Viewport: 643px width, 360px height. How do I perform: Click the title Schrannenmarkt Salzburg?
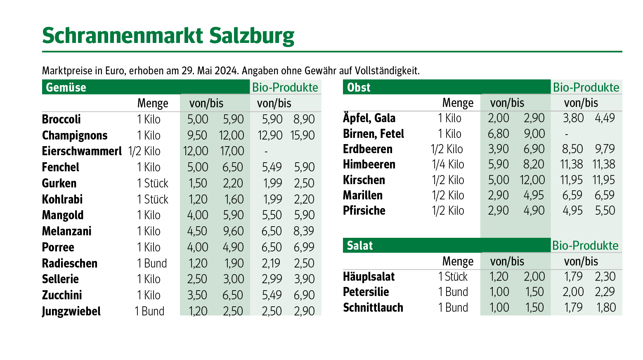pyautogui.click(x=168, y=36)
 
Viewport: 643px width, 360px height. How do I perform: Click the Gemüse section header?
pyautogui.click(x=66, y=88)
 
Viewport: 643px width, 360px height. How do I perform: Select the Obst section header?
pyautogui.click(x=359, y=88)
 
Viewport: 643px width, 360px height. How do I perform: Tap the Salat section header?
pyautogui.click(x=359, y=246)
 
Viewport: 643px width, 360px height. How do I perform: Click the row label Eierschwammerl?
pyautogui.click(x=82, y=151)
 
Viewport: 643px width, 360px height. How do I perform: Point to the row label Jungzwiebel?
pyautogui.click(x=71, y=311)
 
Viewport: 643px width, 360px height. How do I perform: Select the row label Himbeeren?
pyautogui.click(x=369, y=164)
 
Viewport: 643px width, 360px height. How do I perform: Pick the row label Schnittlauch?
pyautogui.click(x=373, y=308)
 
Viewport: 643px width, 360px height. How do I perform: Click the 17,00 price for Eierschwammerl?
pyautogui.click(x=232, y=151)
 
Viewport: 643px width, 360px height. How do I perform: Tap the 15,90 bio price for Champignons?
pyautogui.click(x=303, y=135)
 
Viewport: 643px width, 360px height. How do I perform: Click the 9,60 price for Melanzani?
pyautogui.click(x=233, y=231)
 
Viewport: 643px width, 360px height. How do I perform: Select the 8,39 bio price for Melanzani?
pyautogui.click(x=304, y=231)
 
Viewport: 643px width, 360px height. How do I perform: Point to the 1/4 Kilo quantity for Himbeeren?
pyautogui.click(x=448, y=164)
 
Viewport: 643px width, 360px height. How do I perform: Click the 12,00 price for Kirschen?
pyautogui.click(x=532, y=180)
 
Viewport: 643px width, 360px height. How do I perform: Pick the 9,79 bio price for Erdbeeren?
pyautogui.click(x=605, y=149)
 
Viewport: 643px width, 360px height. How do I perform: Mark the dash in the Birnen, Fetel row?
pyautogui.click(x=566, y=134)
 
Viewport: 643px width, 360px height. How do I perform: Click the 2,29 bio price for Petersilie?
pyautogui.click(x=605, y=292)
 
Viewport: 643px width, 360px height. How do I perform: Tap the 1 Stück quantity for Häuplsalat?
pyautogui.click(x=453, y=277)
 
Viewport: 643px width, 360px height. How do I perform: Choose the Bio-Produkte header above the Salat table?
pyautogui.click(x=585, y=246)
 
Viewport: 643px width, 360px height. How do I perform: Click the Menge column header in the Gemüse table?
pyautogui.click(x=153, y=103)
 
